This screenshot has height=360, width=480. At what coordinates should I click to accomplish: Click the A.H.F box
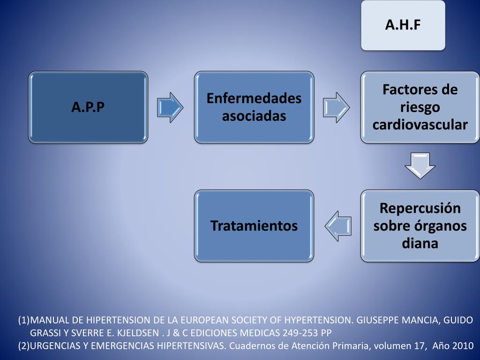403,25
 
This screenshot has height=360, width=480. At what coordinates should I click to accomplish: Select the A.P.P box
88,107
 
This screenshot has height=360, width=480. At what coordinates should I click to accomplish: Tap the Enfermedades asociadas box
254,107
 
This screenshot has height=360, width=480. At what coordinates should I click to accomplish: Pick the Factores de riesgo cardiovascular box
420,107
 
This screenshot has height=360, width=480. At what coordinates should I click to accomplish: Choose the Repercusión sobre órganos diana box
420,225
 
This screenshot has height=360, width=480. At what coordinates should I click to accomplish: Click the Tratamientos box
254,225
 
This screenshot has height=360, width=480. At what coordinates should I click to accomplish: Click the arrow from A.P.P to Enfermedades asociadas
170,107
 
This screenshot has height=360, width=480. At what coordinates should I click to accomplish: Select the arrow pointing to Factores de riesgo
336,107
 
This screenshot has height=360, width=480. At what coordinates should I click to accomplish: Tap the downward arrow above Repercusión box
420,165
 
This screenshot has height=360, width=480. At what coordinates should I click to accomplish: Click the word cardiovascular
420,125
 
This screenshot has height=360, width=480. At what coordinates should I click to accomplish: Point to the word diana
420,243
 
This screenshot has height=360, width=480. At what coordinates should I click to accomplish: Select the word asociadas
254,116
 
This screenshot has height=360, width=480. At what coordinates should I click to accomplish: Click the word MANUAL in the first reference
50,321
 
